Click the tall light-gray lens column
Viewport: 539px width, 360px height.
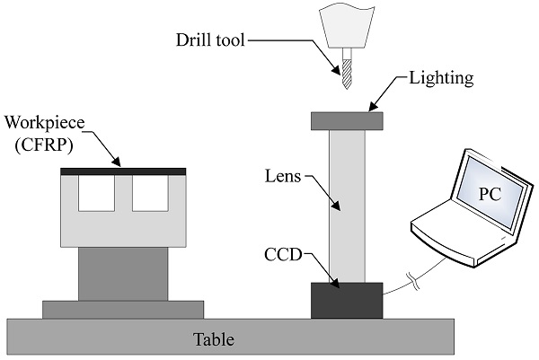(x=347, y=206)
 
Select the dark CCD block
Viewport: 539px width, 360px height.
(x=347, y=300)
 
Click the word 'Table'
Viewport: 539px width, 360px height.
(x=215, y=339)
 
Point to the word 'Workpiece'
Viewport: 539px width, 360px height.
(x=41, y=122)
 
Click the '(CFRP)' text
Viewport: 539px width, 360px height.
(x=41, y=144)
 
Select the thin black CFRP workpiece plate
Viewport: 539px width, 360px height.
(x=123, y=171)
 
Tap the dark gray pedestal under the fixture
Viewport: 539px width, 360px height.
(x=123, y=274)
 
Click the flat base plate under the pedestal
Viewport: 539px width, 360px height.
(x=123, y=309)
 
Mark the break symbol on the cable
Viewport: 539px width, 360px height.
(x=412, y=280)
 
